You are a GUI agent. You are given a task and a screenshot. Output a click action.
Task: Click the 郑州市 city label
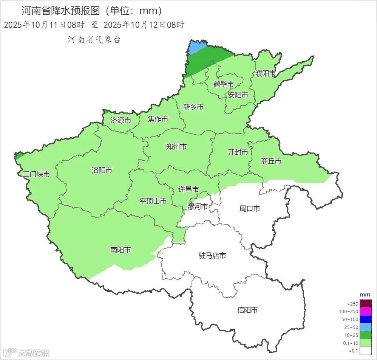176,147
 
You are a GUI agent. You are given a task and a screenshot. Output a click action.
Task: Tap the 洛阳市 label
102,170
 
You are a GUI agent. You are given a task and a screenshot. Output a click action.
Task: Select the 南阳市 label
121,250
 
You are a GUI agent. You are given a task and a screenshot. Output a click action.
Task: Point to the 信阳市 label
247,310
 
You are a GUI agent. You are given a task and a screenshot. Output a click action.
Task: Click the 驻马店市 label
212,256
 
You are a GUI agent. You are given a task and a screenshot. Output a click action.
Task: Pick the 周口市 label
250,208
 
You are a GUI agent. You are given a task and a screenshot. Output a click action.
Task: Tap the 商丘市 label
271,161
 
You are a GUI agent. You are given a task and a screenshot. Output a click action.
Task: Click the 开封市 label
238,152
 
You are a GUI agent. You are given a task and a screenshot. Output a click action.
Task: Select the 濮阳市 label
266,74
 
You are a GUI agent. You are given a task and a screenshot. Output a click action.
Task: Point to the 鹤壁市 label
223,84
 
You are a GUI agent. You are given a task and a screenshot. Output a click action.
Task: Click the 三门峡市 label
36,174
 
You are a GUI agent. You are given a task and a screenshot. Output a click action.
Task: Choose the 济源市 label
121,121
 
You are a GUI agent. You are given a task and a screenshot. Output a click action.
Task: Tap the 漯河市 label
198,207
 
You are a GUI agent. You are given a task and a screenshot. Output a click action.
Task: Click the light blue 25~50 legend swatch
365,327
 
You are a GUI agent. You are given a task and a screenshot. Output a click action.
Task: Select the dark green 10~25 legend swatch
365,335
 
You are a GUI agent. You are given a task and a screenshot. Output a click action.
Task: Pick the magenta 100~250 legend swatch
365,311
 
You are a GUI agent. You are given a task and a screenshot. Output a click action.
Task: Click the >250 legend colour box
365,303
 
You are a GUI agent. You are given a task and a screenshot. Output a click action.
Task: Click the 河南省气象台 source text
94,39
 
